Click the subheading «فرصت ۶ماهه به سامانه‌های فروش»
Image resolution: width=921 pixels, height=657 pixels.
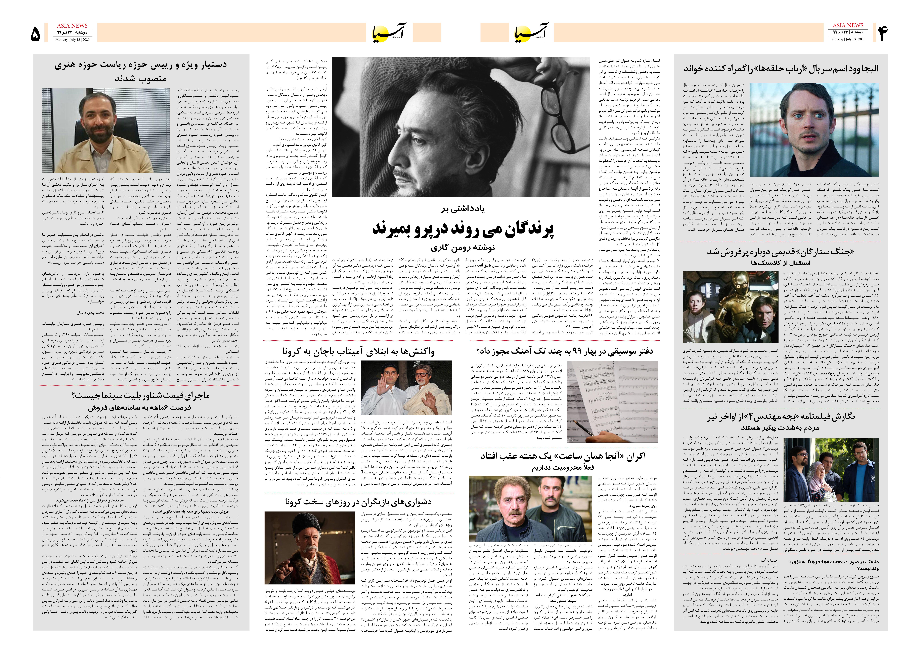[140, 407]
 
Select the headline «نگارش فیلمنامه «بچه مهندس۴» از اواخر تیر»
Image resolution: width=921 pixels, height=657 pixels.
[781, 417]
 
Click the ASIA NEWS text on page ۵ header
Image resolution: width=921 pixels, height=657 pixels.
[72, 25]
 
